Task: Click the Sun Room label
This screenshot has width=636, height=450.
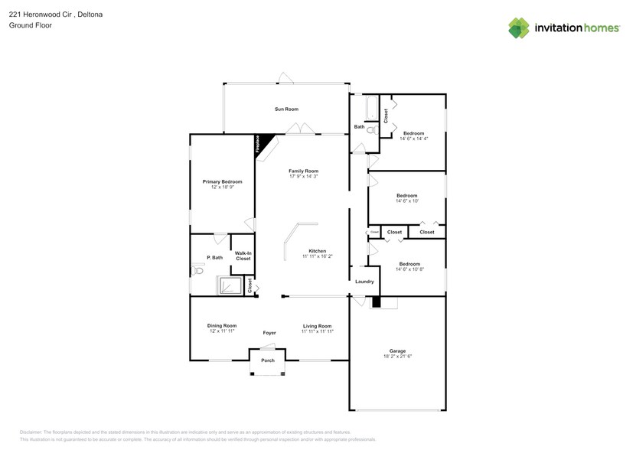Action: coord(286,109)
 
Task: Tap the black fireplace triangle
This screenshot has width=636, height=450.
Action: coord(260,143)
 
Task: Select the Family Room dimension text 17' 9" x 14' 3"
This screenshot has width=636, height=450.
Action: coord(303,177)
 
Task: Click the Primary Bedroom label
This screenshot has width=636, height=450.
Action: coord(222,182)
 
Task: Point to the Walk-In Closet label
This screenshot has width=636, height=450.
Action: coord(243,256)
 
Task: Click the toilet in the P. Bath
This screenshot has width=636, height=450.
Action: coord(198,269)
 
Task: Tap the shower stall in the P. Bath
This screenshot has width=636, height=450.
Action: coord(230,286)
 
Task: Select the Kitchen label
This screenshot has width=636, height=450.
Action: coord(318,251)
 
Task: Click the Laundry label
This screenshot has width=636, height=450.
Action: coord(364,282)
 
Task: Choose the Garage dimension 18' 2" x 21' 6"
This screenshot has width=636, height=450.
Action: coord(397,357)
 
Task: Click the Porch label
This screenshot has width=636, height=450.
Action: coord(268,360)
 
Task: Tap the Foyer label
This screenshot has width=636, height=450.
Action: coord(269,333)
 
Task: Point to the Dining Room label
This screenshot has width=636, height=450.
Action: coord(221,326)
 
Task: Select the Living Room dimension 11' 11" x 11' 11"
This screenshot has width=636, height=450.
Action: coord(316,331)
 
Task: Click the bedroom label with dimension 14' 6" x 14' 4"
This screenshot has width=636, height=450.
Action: coord(413,133)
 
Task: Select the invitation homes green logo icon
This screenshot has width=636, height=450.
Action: coord(520,28)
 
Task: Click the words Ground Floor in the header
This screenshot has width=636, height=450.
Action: coord(27,25)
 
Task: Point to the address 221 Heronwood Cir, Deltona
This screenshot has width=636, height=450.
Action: coord(56,14)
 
